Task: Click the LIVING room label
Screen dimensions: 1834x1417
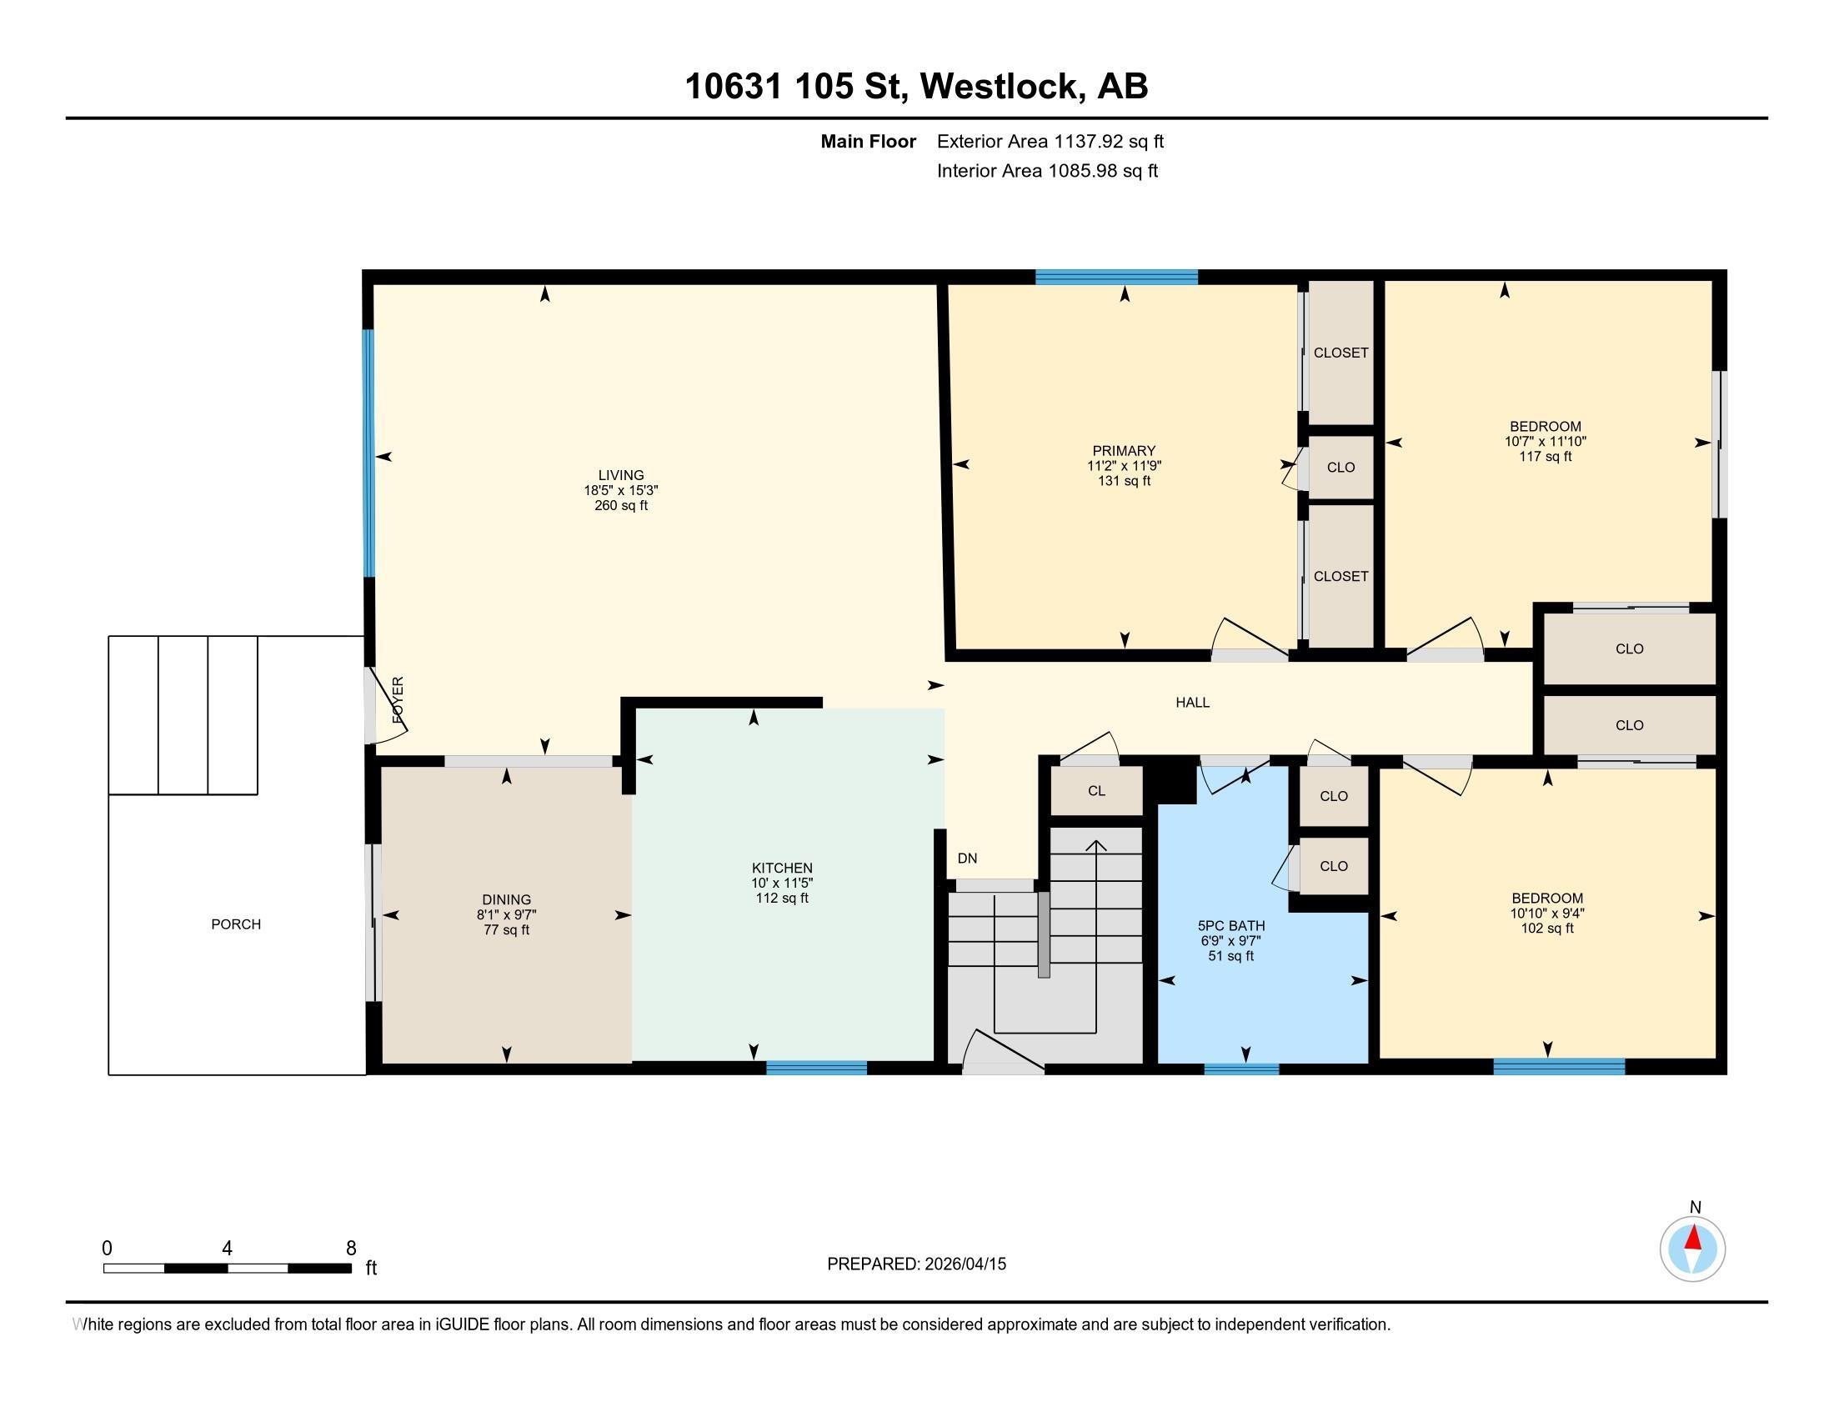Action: (620, 475)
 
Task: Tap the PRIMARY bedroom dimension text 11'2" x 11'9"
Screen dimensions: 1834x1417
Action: (1124, 466)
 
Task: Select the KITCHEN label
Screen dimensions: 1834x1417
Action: (782, 868)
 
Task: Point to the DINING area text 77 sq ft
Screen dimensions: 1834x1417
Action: (506, 930)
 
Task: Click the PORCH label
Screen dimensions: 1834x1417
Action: (236, 924)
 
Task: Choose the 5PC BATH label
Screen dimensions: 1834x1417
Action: (1231, 926)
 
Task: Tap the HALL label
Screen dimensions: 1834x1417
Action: (1192, 703)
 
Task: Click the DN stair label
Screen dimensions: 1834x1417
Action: (967, 858)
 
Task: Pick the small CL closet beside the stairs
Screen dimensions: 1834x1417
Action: (1097, 791)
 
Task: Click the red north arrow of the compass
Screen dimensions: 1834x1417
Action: (1693, 1238)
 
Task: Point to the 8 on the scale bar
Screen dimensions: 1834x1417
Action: (351, 1249)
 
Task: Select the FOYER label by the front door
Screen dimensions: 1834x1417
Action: (398, 700)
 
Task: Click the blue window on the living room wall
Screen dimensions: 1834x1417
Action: (368, 453)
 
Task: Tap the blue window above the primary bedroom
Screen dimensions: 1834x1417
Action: (1116, 277)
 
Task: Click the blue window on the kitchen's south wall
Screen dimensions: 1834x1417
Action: (816, 1068)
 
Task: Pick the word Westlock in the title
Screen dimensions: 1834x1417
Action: (999, 86)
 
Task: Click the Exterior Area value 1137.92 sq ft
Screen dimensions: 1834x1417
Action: (1110, 141)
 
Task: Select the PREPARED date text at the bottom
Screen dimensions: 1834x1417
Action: (916, 1264)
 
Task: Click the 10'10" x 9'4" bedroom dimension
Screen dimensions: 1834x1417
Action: (1546, 914)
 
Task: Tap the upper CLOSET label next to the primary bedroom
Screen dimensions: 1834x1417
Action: (1341, 353)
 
